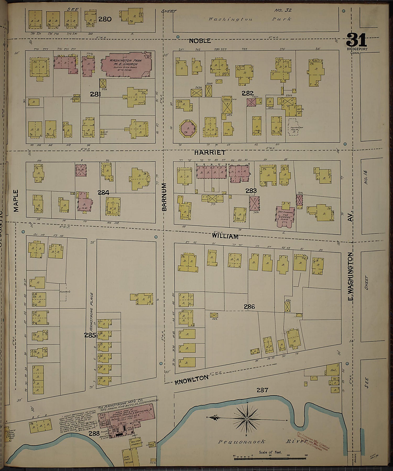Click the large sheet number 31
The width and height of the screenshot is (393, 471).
[356, 41]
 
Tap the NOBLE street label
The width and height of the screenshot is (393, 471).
[200, 41]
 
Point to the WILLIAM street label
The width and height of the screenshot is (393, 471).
[225, 236]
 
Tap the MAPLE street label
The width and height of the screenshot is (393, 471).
[16, 201]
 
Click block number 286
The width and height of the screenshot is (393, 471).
[249, 306]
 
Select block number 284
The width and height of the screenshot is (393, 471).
[103, 193]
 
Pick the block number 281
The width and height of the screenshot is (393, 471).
[96, 94]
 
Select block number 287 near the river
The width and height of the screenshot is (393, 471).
[262, 390]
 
